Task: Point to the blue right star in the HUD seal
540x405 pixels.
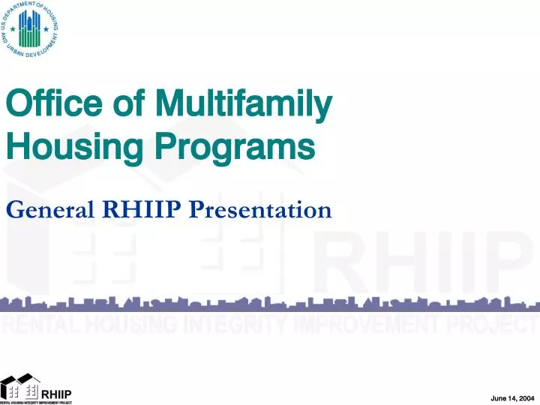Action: (x=46, y=31)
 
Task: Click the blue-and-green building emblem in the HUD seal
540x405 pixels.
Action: (x=30, y=29)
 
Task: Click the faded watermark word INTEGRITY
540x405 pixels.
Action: (x=239, y=324)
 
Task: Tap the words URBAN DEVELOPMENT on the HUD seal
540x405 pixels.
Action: (x=30, y=53)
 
